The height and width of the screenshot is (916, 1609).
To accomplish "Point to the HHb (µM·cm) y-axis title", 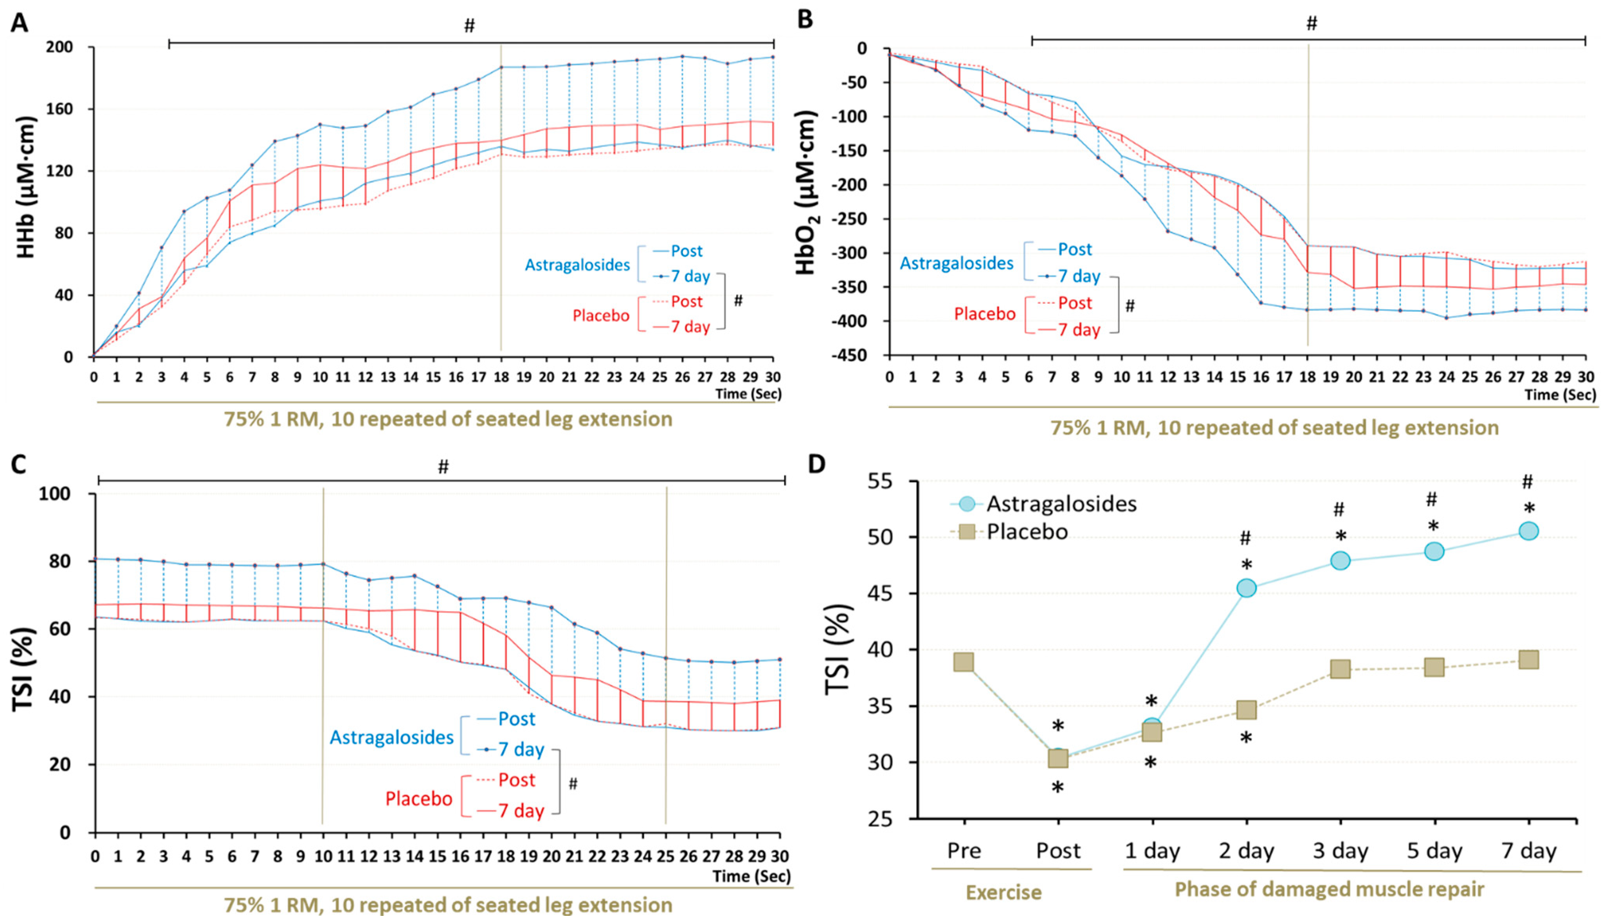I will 26,187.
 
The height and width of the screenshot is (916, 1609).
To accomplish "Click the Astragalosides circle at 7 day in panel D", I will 1528,532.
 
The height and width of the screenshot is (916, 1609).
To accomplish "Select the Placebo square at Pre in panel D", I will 964,662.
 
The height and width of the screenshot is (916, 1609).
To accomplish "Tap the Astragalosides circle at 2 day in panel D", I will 1246,588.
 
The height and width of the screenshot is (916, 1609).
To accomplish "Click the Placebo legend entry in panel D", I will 1027,532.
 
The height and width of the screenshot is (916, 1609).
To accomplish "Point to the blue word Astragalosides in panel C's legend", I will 391,737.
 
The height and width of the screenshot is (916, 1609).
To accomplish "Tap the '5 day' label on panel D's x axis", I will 1434,851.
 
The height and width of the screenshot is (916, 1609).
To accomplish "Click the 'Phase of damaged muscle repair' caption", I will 1330,889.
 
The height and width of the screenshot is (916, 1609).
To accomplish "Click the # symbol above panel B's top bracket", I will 1312,24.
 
